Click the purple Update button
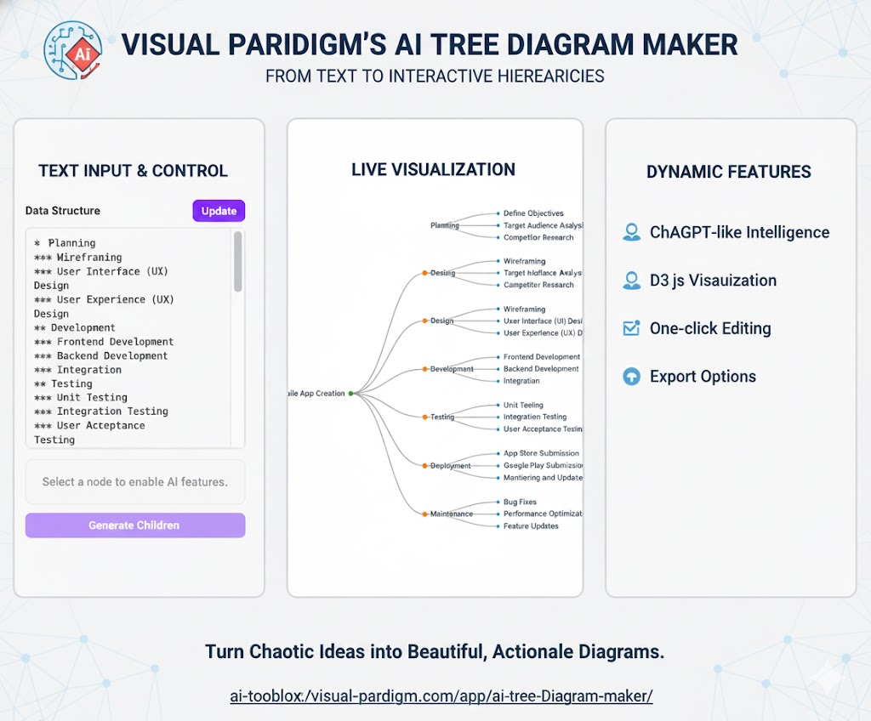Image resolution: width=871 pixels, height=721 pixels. click(219, 211)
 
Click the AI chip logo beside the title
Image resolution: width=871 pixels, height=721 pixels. click(73, 49)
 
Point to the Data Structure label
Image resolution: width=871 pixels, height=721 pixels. click(63, 211)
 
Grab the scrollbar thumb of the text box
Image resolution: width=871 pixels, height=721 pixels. click(238, 262)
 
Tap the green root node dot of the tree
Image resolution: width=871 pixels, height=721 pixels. click(351, 394)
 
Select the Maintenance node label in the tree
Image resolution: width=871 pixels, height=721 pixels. click(451, 514)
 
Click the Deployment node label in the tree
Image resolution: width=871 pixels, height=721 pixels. click(450, 466)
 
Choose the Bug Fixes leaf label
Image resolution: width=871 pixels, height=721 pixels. click(520, 502)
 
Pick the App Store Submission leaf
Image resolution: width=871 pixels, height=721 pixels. click(541, 454)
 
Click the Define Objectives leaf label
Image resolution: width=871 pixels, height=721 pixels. click(533, 213)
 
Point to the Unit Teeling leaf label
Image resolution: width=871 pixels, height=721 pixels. click(523, 406)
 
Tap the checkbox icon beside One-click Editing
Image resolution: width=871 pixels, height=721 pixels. click(631, 328)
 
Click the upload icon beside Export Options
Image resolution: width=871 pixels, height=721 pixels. click(631, 377)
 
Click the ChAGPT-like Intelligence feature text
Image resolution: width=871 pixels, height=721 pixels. click(739, 232)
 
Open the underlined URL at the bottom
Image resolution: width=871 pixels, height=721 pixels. click(441, 695)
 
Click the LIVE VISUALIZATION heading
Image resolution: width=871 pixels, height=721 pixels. click(433, 170)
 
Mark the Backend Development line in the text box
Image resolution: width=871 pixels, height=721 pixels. click(112, 355)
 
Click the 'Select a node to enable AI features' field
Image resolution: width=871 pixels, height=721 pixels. click(135, 482)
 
